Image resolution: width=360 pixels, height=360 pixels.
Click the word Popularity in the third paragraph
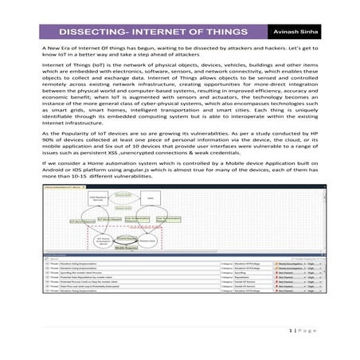76,140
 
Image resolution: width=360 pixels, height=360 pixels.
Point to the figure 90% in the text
47,147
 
